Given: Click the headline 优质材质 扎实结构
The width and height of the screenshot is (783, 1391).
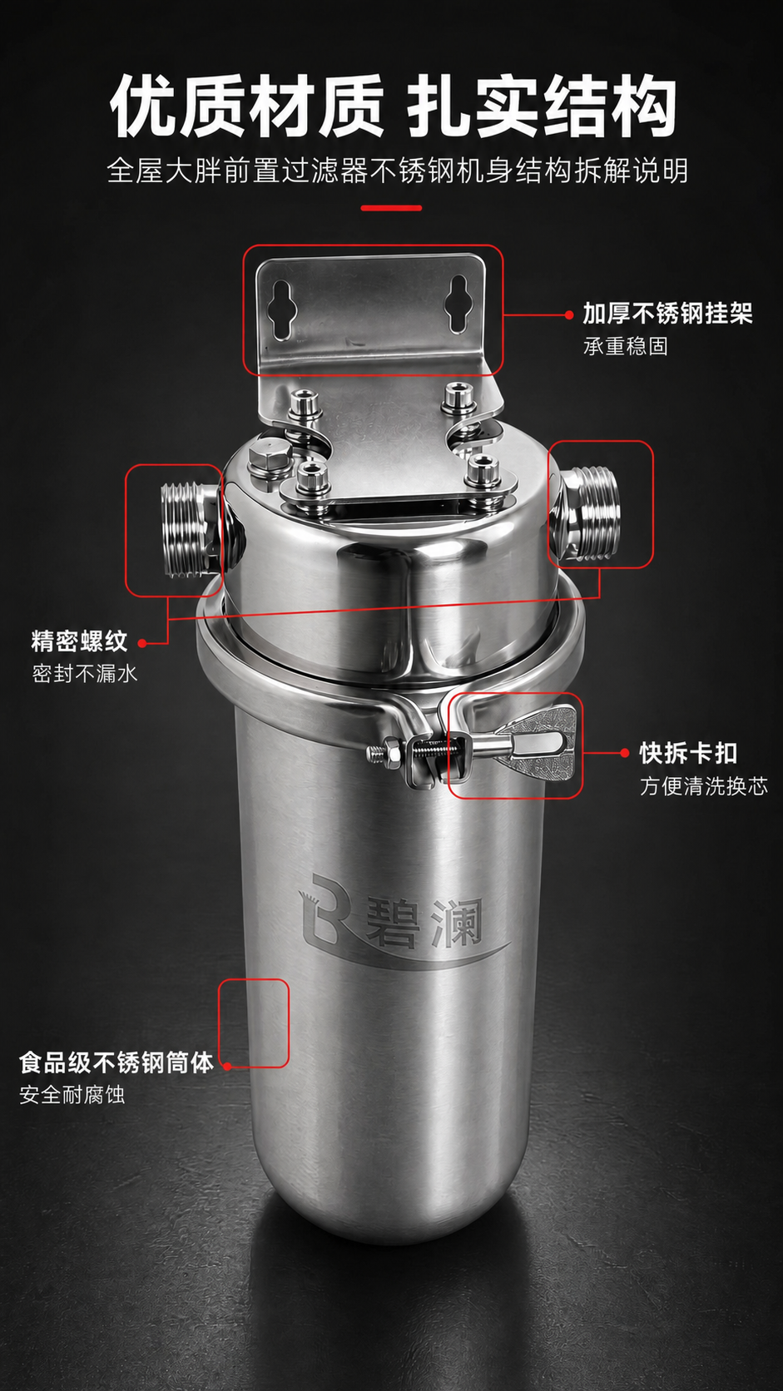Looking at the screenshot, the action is point(393,106).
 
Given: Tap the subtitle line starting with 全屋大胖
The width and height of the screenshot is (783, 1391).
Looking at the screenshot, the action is point(398,171).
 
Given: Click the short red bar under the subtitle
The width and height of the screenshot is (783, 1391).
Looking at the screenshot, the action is point(391,208).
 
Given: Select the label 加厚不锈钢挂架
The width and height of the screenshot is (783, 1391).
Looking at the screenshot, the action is point(667,314).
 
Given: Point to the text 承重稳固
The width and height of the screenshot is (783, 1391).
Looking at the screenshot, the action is point(625,346).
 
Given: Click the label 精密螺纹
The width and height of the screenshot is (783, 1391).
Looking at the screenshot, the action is point(80,641).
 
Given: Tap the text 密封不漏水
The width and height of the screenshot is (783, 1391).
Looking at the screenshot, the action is point(84,674).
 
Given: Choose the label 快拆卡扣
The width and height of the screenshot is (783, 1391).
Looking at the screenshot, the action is point(689,753).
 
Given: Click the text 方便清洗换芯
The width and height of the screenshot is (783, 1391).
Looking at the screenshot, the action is point(703,786).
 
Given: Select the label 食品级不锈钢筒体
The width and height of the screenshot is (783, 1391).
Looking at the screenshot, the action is point(116,1062).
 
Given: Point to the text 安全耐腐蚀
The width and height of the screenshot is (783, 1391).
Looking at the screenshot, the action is point(72,1095).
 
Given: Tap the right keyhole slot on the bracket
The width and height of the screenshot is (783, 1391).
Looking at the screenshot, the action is point(458,304).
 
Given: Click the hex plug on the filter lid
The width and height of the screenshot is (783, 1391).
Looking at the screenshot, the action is point(268,458).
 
